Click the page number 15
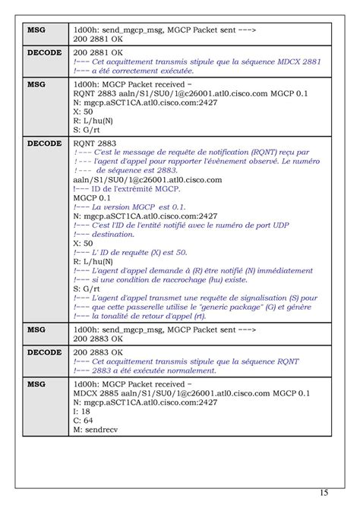pyautogui.click(x=324, y=493)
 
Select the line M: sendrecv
pyautogui.click(x=96, y=429)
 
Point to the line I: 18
pyautogui.click(x=82, y=409)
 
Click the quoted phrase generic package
pyautogui.click(x=238, y=308)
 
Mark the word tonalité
pyautogui.click(x=129, y=317)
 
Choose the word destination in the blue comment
pyautogui.click(x=115, y=234)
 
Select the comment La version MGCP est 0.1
pyautogui.click(x=129, y=207)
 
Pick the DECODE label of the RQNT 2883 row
pyautogui.click(x=44, y=142)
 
